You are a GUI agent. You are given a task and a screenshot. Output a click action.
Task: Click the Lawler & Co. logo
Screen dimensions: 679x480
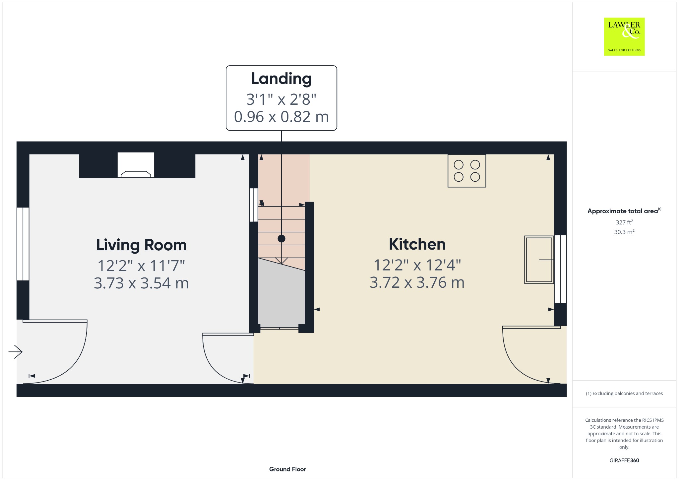coord(624,36)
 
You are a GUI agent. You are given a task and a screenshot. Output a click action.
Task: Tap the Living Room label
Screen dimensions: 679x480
coord(141,245)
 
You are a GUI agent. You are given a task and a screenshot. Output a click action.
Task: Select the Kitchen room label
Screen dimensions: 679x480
coord(417,244)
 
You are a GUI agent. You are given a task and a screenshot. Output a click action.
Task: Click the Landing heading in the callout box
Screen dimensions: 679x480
coord(281,79)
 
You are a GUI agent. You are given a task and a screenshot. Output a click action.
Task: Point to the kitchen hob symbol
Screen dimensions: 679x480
coord(467,171)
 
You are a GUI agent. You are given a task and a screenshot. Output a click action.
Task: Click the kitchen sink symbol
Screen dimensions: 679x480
coord(539,260)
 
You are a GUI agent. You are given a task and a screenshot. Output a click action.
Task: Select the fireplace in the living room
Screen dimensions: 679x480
coord(136,165)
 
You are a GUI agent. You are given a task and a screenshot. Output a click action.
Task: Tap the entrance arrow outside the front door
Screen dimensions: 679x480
coord(15,351)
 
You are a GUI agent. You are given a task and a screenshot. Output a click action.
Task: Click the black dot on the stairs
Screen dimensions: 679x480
coord(281,238)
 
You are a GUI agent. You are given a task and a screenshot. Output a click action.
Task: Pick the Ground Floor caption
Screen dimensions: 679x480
coord(287,469)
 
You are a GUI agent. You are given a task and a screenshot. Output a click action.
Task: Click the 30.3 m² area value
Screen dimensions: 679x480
coord(624,232)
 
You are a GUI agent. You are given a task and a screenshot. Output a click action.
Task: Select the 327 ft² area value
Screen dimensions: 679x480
coord(624,222)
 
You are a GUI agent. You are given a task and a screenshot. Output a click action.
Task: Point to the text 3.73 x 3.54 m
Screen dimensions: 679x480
coord(141,283)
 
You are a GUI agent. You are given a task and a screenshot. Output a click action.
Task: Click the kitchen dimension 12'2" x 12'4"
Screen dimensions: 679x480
coord(417,265)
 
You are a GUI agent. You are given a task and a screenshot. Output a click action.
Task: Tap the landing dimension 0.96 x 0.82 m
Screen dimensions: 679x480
coord(281,117)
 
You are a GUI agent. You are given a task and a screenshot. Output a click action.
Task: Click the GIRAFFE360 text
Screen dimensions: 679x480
coord(624,460)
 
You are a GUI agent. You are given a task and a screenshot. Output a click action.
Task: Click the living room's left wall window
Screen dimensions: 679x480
coord(23,244)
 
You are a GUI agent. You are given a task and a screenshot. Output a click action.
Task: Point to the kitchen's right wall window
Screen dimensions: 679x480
coord(560,269)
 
